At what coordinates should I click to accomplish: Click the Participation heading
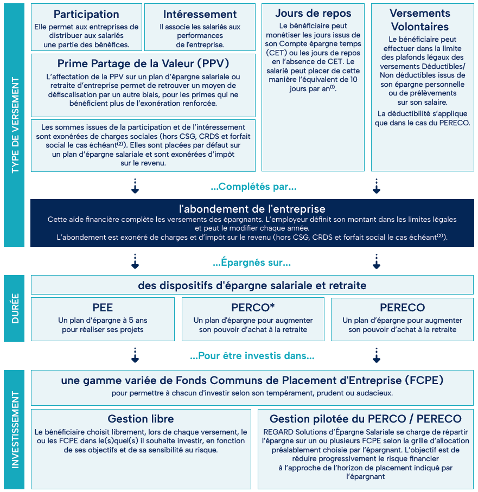coord(86,15)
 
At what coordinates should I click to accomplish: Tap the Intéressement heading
coord(200,14)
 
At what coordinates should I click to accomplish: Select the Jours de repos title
coord(313,13)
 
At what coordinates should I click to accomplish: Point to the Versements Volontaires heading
coord(420,20)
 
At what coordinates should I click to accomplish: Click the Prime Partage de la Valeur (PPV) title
coord(143,63)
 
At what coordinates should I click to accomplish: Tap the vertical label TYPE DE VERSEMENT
coord(15,125)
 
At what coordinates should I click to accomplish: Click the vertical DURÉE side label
coord(15,309)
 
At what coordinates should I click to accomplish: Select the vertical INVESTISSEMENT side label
coord(15,430)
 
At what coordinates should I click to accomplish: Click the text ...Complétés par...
coord(253,187)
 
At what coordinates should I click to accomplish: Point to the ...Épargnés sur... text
coord(252,263)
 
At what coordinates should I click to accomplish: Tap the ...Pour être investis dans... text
coord(252,356)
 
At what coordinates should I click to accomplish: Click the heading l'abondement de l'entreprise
coord(252,209)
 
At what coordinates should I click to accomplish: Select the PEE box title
coord(103,308)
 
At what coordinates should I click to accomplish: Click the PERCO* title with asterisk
coord(253,308)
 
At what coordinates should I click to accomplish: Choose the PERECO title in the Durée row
coord(403,308)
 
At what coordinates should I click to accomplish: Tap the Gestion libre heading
coord(141,419)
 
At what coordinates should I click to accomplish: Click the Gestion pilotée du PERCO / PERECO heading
coord(366,419)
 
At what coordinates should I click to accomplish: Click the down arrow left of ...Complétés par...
coord(135,186)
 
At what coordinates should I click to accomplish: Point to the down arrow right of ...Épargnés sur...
coord(377,261)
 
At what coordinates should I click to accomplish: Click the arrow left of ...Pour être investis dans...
coord(135,355)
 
